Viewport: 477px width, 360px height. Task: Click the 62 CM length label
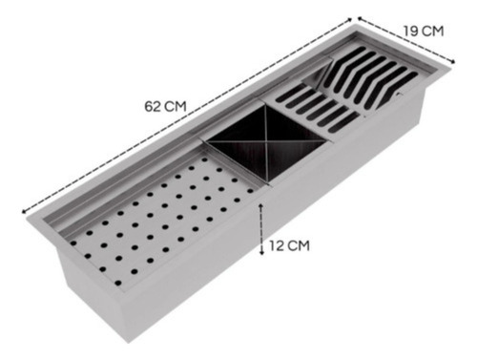coord(165,106)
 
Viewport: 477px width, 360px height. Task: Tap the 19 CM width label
coord(424,32)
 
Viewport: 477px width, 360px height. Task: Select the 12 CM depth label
coord(289,245)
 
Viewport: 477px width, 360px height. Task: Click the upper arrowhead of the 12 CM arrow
coord(261,206)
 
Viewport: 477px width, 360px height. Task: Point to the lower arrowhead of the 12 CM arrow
coord(261,252)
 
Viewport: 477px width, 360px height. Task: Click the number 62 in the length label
coord(152,106)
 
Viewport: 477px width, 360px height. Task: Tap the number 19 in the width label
coord(410,32)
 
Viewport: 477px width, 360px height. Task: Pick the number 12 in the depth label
coord(276,245)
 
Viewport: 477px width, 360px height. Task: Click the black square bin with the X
coord(265,144)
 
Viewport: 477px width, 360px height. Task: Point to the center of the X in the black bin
coord(266,142)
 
